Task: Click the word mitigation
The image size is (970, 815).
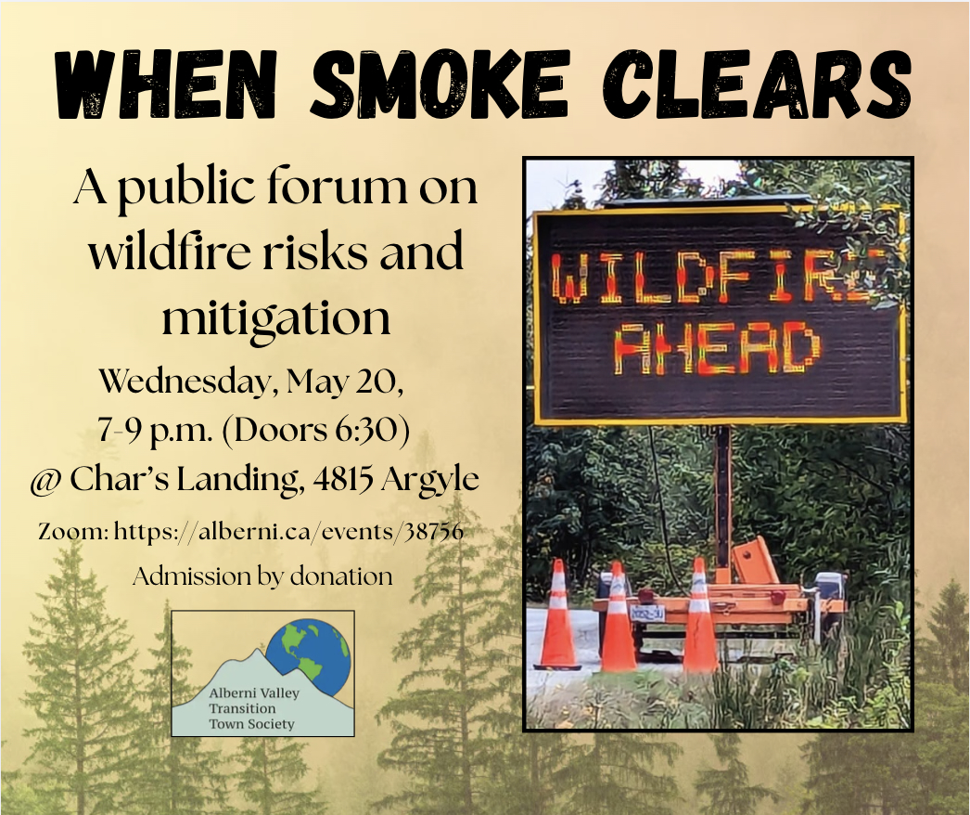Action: click(x=276, y=317)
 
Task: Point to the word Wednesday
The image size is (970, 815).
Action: click(x=185, y=382)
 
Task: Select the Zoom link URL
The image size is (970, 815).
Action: click(x=288, y=531)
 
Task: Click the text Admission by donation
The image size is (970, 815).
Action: click(x=262, y=576)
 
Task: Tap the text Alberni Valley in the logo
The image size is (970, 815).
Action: click(x=254, y=693)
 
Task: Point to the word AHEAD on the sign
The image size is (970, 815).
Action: click(x=716, y=349)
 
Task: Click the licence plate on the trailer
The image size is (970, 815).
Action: click(x=647, y=613)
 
